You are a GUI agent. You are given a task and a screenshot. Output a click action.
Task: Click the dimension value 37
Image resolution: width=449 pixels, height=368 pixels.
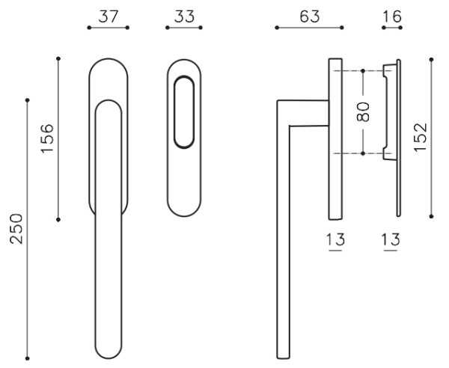tap(108, 15)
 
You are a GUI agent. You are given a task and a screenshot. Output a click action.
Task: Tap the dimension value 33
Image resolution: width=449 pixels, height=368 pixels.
tap(185, 15)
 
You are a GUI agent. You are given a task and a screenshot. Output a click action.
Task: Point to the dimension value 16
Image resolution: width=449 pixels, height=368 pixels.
tap(391, 15)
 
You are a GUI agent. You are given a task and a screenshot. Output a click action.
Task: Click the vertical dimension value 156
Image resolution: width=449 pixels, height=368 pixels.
tap(46, 138)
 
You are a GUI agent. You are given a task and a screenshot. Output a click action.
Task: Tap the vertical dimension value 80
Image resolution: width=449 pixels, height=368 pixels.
tap(363, 112)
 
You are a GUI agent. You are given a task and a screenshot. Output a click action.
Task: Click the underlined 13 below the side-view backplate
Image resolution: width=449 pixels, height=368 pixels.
tap(335, 240)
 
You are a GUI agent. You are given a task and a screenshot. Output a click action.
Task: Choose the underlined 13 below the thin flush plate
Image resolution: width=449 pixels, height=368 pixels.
tap(390, 240)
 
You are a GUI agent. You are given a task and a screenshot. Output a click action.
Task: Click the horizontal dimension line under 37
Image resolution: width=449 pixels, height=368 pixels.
tap(108, 28)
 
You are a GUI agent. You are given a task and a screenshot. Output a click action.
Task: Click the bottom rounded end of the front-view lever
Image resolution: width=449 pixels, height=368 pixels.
tap(109, 350)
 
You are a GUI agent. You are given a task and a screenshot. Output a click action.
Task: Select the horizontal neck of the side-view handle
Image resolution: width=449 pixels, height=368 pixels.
tap(303, 112)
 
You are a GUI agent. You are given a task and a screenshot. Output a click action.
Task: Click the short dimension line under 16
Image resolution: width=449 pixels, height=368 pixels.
tap(391, 28)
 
